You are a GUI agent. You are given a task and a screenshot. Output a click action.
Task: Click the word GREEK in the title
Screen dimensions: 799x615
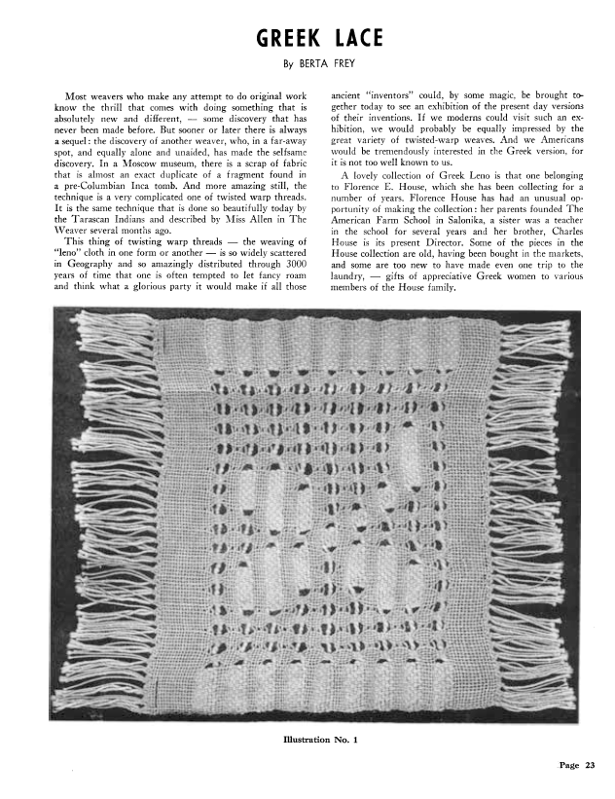(x=285, y=38)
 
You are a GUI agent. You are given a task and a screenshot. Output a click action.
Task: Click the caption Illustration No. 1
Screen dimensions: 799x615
(x=320, y=743)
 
